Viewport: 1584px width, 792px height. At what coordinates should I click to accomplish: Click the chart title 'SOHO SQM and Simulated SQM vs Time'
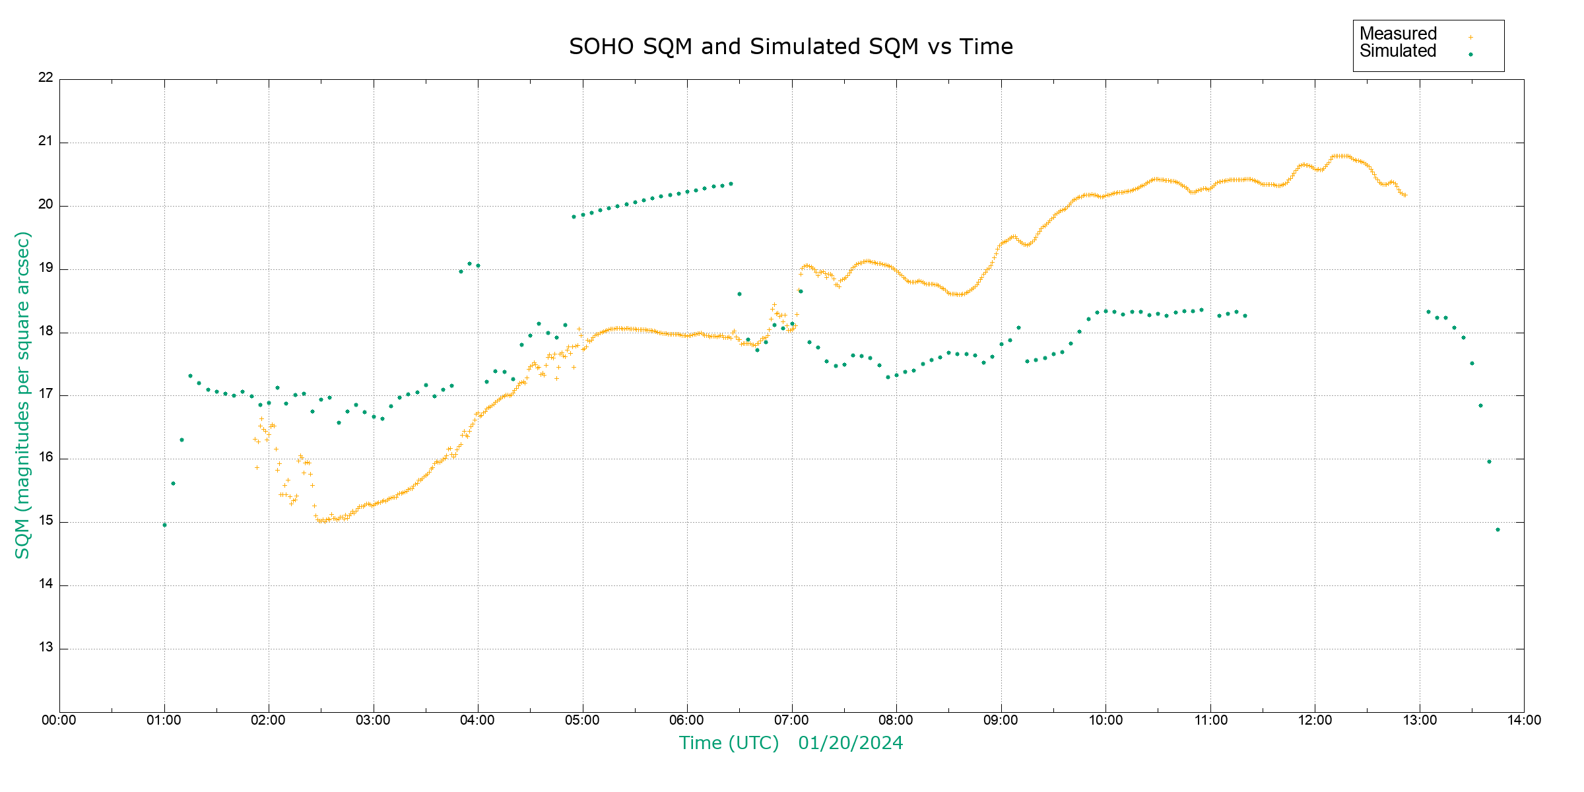point(791,47)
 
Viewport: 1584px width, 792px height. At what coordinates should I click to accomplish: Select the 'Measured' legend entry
point(1398,34)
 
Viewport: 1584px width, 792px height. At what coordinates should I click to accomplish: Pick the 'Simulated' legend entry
point(1398,51)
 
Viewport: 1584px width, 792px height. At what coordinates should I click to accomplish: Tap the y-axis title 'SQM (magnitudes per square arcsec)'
point(22,395)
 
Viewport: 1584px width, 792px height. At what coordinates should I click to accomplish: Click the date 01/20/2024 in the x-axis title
point(850,743)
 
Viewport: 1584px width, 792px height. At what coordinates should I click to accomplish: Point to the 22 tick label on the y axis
point(46,77)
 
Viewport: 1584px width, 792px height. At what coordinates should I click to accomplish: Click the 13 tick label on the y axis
point(46,647)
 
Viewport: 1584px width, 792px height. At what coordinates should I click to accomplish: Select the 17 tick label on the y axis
point(46,395)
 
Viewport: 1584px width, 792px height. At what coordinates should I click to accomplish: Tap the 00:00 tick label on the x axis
point(59,720)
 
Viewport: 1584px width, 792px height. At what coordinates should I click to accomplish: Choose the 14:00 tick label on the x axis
point(1524,720)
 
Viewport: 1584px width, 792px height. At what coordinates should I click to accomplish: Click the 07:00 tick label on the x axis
point(792,720)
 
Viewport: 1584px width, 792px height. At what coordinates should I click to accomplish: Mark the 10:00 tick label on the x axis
point(1105,720)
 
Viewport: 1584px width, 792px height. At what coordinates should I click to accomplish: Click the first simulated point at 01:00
point(164,525)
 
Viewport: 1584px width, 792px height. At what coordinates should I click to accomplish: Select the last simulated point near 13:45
point(1498,529)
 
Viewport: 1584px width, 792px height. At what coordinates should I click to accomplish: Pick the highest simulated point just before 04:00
point(470,263)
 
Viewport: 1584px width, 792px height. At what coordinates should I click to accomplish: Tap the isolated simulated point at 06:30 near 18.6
point(739,294)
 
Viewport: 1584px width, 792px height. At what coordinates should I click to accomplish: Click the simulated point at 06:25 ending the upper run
point(731,184)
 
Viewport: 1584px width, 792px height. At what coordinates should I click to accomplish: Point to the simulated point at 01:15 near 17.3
point(190,376)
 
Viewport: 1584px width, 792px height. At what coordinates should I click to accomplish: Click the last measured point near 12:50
point(1404,195)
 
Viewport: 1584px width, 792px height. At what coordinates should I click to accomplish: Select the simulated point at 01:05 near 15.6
point(173,483)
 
